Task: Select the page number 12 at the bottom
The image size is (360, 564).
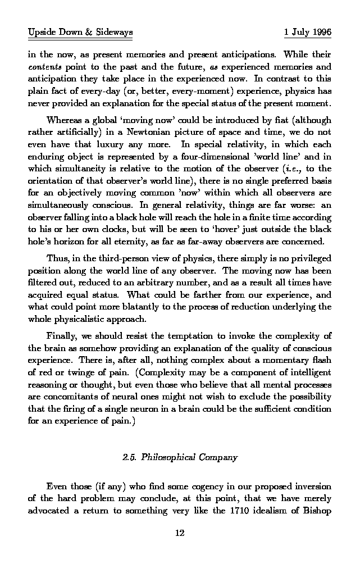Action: click(x=180, y=533)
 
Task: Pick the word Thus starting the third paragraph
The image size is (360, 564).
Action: click(x=57, y=258)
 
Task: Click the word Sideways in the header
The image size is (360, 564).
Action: click(x=114, y=33)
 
